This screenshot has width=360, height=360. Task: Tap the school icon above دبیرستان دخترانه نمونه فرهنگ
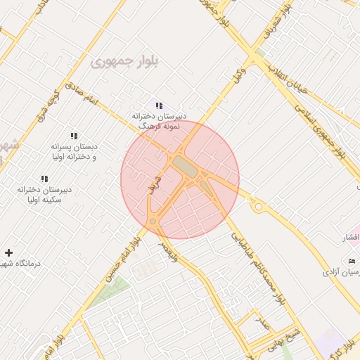pyautogui.click(x=159, y=105)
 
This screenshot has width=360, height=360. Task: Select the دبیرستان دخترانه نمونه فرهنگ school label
pyautogui.click(x=160, y=120)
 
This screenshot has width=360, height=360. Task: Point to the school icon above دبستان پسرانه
pyautogui.click(x=73, y=136)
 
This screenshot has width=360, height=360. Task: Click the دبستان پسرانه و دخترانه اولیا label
pyautogui.click(x=73, y=152)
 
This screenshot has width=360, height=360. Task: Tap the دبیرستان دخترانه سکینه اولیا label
pyautogui.click(x=46, y=194)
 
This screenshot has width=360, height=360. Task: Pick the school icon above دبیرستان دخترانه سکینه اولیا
pyautogui.click(x=44, y=179)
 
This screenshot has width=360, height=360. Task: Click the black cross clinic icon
pyautogui.click(x=8, y=252)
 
